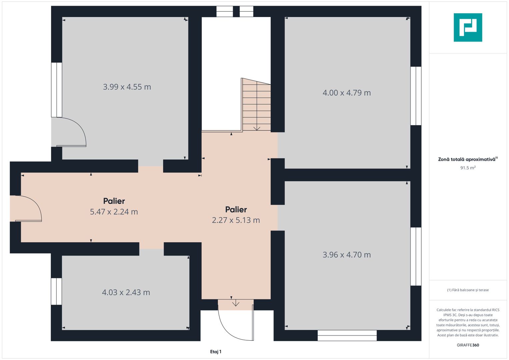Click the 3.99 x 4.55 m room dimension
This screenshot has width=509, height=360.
127,87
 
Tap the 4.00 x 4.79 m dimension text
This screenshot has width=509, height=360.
347,93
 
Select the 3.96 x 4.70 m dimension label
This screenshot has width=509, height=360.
347,255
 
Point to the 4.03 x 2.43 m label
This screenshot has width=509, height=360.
126,292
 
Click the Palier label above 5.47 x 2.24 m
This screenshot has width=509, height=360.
114,201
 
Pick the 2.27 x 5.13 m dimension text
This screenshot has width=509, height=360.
236,220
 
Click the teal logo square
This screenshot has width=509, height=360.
468,27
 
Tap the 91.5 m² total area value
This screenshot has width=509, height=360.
468,168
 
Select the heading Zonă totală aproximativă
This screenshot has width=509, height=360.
467,159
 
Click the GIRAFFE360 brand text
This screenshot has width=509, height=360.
468,345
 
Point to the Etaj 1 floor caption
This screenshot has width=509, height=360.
216,352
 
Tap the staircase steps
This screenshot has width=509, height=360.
256,105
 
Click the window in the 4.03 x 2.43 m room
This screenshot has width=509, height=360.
56,291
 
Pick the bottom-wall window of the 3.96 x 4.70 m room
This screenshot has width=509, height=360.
347,335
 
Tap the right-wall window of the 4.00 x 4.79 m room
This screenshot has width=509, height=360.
416,96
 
